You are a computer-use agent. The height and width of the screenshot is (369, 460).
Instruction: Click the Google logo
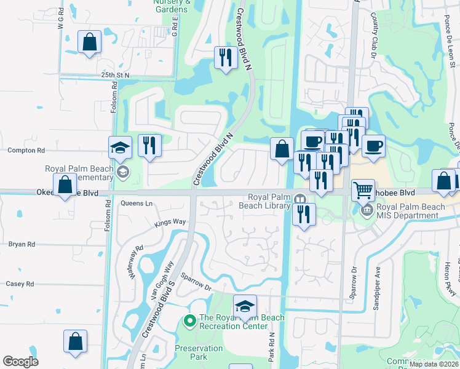[x=21, y=362]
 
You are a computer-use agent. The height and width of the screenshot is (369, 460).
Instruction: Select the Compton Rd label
[x=26, y=150]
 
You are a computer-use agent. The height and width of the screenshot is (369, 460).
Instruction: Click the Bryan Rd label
[x=22, y=244]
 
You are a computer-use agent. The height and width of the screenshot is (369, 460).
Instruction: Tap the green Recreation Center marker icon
[x=190, y=319]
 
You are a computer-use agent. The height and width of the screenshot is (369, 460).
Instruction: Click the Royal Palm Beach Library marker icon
[x=300, y=199]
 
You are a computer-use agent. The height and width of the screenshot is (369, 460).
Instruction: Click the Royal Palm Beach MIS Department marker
[x=367, y=210]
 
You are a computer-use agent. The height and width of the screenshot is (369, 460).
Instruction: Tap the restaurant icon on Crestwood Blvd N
[x=225, y=57]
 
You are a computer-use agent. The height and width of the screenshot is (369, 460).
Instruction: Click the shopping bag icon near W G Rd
[x=90, y=42]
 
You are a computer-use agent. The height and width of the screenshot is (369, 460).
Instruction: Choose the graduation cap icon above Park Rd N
[x=245, y=306]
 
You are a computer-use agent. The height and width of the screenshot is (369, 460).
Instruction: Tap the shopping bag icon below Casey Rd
[x=75, y=341]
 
